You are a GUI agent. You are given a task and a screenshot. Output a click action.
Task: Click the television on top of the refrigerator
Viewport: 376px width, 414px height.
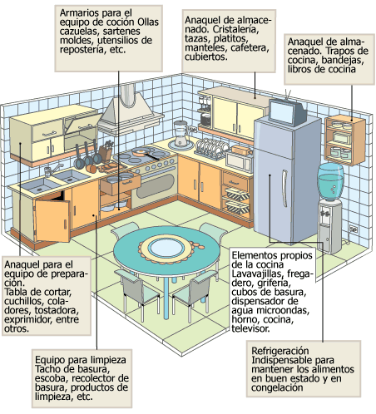tap(287, 111)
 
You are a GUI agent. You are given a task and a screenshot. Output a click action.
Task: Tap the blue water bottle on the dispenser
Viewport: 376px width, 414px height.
tap(330, 181)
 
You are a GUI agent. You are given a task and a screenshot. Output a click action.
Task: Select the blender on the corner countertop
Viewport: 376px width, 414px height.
tap(181, 133)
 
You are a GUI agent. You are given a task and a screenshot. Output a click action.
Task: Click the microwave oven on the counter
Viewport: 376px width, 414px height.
tap(239, 161)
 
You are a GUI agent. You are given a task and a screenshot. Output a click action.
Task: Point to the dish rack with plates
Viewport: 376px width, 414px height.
tap(211, 149)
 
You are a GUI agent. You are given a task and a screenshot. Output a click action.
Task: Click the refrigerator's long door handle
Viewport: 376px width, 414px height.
tap(284, 188)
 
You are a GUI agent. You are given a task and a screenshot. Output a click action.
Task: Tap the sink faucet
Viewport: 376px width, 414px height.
tap(55, 169)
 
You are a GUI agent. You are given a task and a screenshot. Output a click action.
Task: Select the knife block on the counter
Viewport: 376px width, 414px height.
tap(106, 151)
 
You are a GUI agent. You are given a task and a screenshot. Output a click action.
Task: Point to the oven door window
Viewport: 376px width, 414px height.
tap(156, 185)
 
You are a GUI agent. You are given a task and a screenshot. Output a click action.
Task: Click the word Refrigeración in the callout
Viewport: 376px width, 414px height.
tap(280, 351)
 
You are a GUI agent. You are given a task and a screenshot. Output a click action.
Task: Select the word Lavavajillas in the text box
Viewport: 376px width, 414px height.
tap(256, 274)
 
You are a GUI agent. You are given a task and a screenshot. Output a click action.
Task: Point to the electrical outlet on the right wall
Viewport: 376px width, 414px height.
tap(353, 229)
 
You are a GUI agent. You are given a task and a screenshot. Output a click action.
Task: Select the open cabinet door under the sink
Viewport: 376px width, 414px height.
tap(52, 220)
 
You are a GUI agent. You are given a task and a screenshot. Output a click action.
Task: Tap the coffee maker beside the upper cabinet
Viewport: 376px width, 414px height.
tap(205, 111)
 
